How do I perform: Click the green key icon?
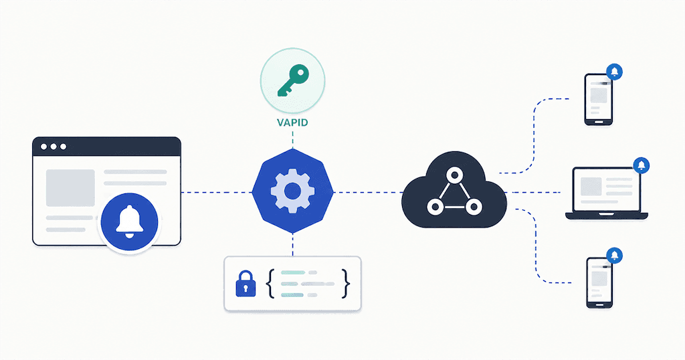[293, 81]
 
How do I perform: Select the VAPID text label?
[292, 122]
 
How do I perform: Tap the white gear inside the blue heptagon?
[292, 191]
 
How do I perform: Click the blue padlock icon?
[246, 284]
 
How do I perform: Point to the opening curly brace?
[270, 284]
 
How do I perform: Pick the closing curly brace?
[346, 284]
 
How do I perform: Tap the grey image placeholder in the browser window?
[70, 188]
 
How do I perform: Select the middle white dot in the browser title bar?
[54, 147]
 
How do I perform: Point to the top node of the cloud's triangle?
[454, 175]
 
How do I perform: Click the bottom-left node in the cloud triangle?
[435, 207]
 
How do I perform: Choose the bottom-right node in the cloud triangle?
[474, 207]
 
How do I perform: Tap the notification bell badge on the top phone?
[615, 72]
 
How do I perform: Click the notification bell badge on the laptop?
[642, 165]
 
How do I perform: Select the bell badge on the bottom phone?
[615, 256]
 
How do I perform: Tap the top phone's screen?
[599, 98]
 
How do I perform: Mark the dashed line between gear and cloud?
[368, 192]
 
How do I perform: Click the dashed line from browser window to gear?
[217, 192]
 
